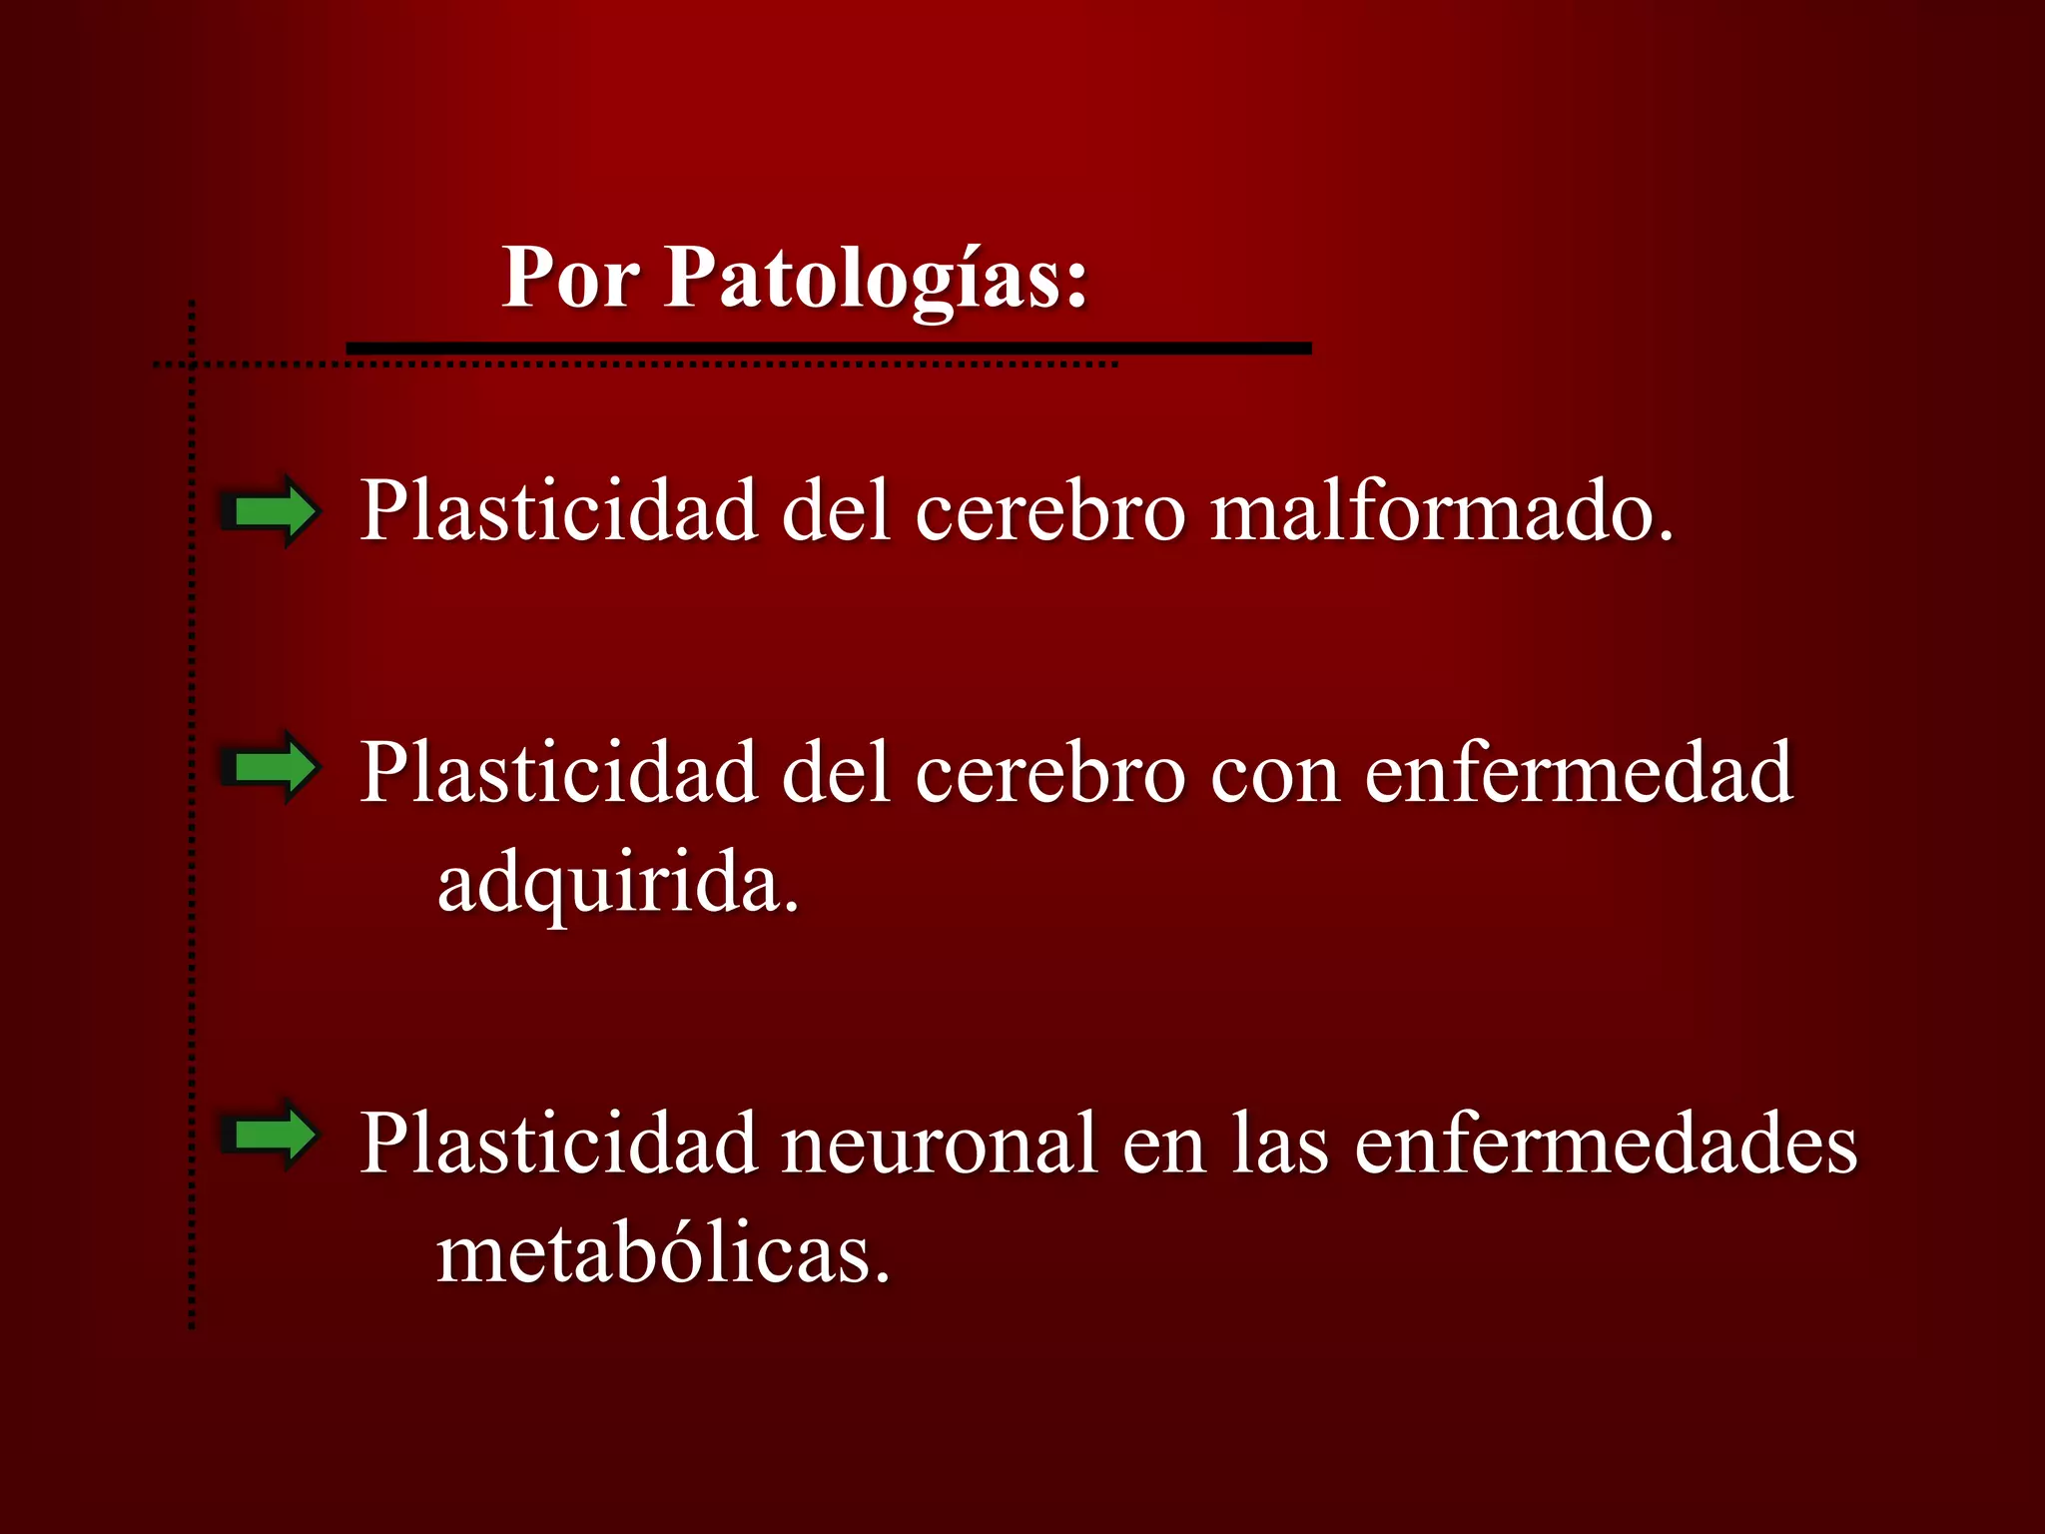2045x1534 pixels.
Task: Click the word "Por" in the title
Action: coord(570,278)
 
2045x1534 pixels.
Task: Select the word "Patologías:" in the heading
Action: coord(876,280)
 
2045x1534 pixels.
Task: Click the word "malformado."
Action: coord(1441,511)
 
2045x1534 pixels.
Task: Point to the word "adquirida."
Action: coord(618,883)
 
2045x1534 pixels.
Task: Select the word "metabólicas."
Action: coord(663,1254)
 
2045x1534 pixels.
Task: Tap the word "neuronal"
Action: coord(939,1145)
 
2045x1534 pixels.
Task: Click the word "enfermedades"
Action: coord(1606,1145)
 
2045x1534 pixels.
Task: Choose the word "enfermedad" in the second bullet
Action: coord(1579,773)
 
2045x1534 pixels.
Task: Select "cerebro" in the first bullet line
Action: coord(1049,511)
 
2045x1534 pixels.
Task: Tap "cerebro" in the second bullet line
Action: coord(1049,773)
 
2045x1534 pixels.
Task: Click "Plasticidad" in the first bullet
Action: coord(558,511)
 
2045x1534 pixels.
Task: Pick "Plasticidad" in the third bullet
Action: coord(558,1145)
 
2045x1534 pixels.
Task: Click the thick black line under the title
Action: coord(829,349)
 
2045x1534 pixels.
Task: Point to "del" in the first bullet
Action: coord(835,511)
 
